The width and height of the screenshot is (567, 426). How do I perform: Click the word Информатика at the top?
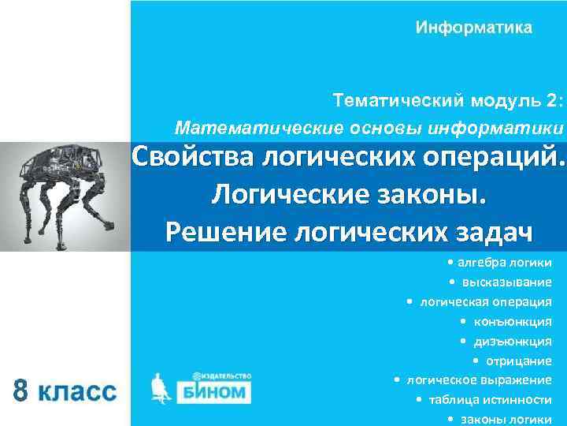(x=474, y=28)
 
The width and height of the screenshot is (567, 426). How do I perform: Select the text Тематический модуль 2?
(x=448, y=102)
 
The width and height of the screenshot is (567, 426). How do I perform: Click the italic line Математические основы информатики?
(x=369, y=127)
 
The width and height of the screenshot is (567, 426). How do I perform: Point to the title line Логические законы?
(x=349, y=194)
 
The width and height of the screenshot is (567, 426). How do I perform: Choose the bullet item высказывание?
(x=505, y=282)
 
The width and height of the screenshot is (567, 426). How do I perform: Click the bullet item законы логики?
(x=505, y=419)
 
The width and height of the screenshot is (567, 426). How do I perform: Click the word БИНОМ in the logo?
(x=215, y=392)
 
